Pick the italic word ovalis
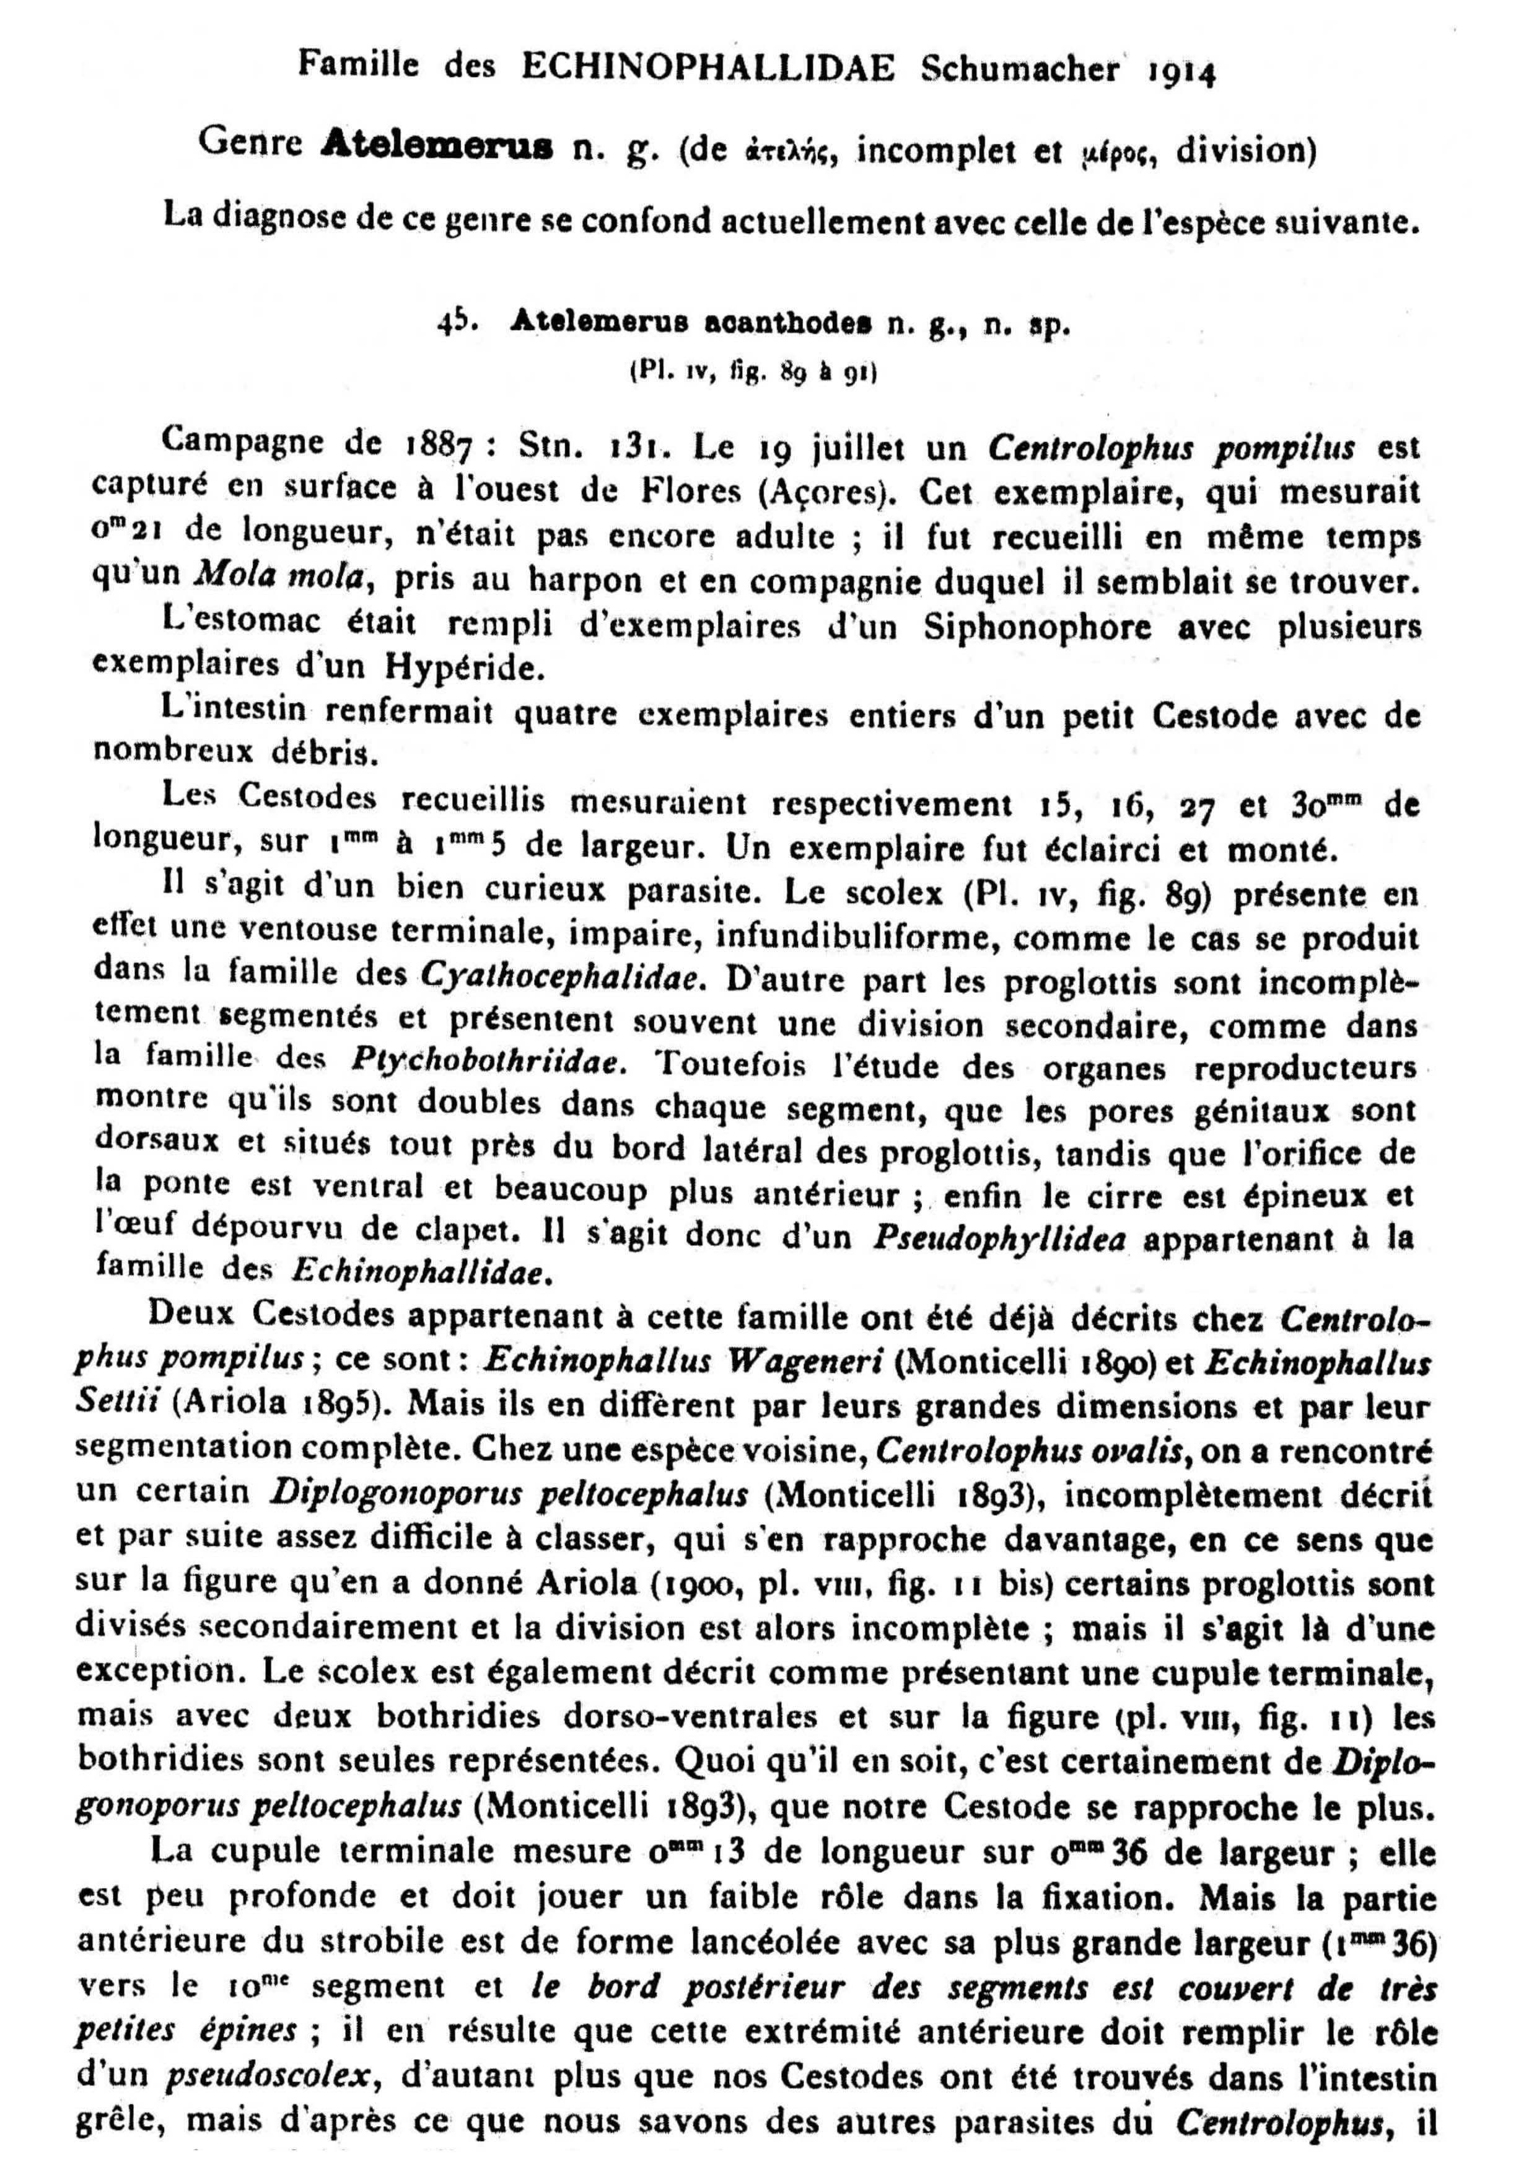coord(1136,1449)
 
